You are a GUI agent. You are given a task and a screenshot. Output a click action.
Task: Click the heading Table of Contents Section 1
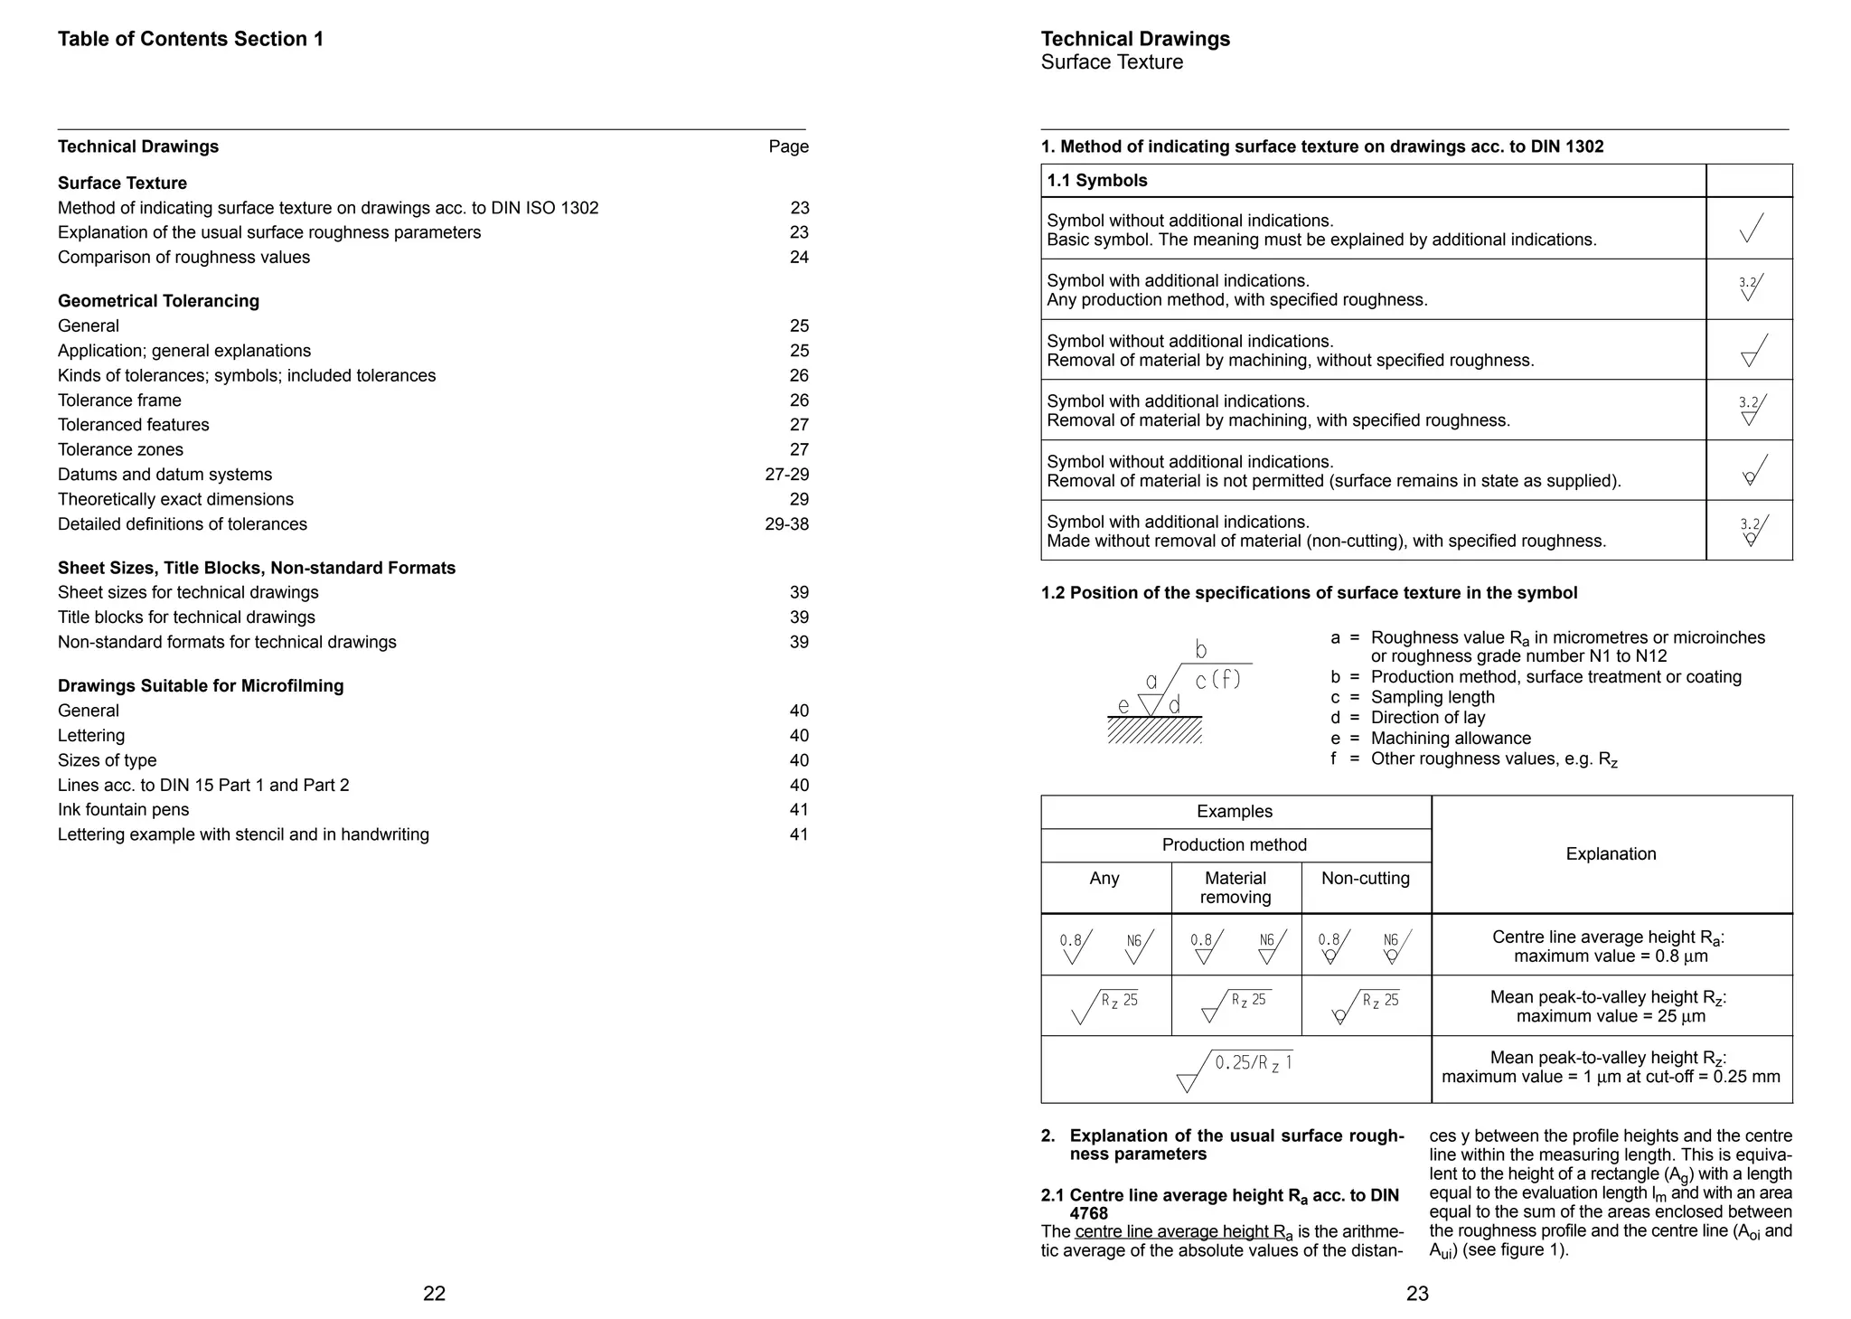(190, 39)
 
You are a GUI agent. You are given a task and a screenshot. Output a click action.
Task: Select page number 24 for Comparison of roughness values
(799, 258)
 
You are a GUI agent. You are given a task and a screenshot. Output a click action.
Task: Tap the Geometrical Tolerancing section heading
(158, 301)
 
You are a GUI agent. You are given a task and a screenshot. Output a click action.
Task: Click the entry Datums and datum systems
(164, 475)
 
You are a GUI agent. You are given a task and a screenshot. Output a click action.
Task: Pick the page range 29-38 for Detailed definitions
(786, 524)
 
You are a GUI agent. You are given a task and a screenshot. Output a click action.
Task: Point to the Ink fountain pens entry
(123, 810)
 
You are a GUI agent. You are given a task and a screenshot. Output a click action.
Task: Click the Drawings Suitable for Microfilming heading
(201, 686)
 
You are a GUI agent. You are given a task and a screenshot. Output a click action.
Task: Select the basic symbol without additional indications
(1751, 229)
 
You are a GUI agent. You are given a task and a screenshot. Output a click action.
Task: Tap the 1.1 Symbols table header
(1096, 181)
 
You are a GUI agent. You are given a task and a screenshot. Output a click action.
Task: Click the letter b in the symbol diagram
(1200, 649)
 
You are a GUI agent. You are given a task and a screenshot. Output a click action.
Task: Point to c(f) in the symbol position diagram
(1217, 679)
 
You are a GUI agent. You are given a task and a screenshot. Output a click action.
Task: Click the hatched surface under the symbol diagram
(1154, 730)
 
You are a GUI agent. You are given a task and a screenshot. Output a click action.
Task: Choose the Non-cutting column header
(1365, 879)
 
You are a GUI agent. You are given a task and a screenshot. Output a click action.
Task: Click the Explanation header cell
(1611, 854)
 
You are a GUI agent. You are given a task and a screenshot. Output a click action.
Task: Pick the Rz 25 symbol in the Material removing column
(1236, 1005)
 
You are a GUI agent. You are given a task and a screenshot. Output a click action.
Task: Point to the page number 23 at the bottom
(1416, 1294)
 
